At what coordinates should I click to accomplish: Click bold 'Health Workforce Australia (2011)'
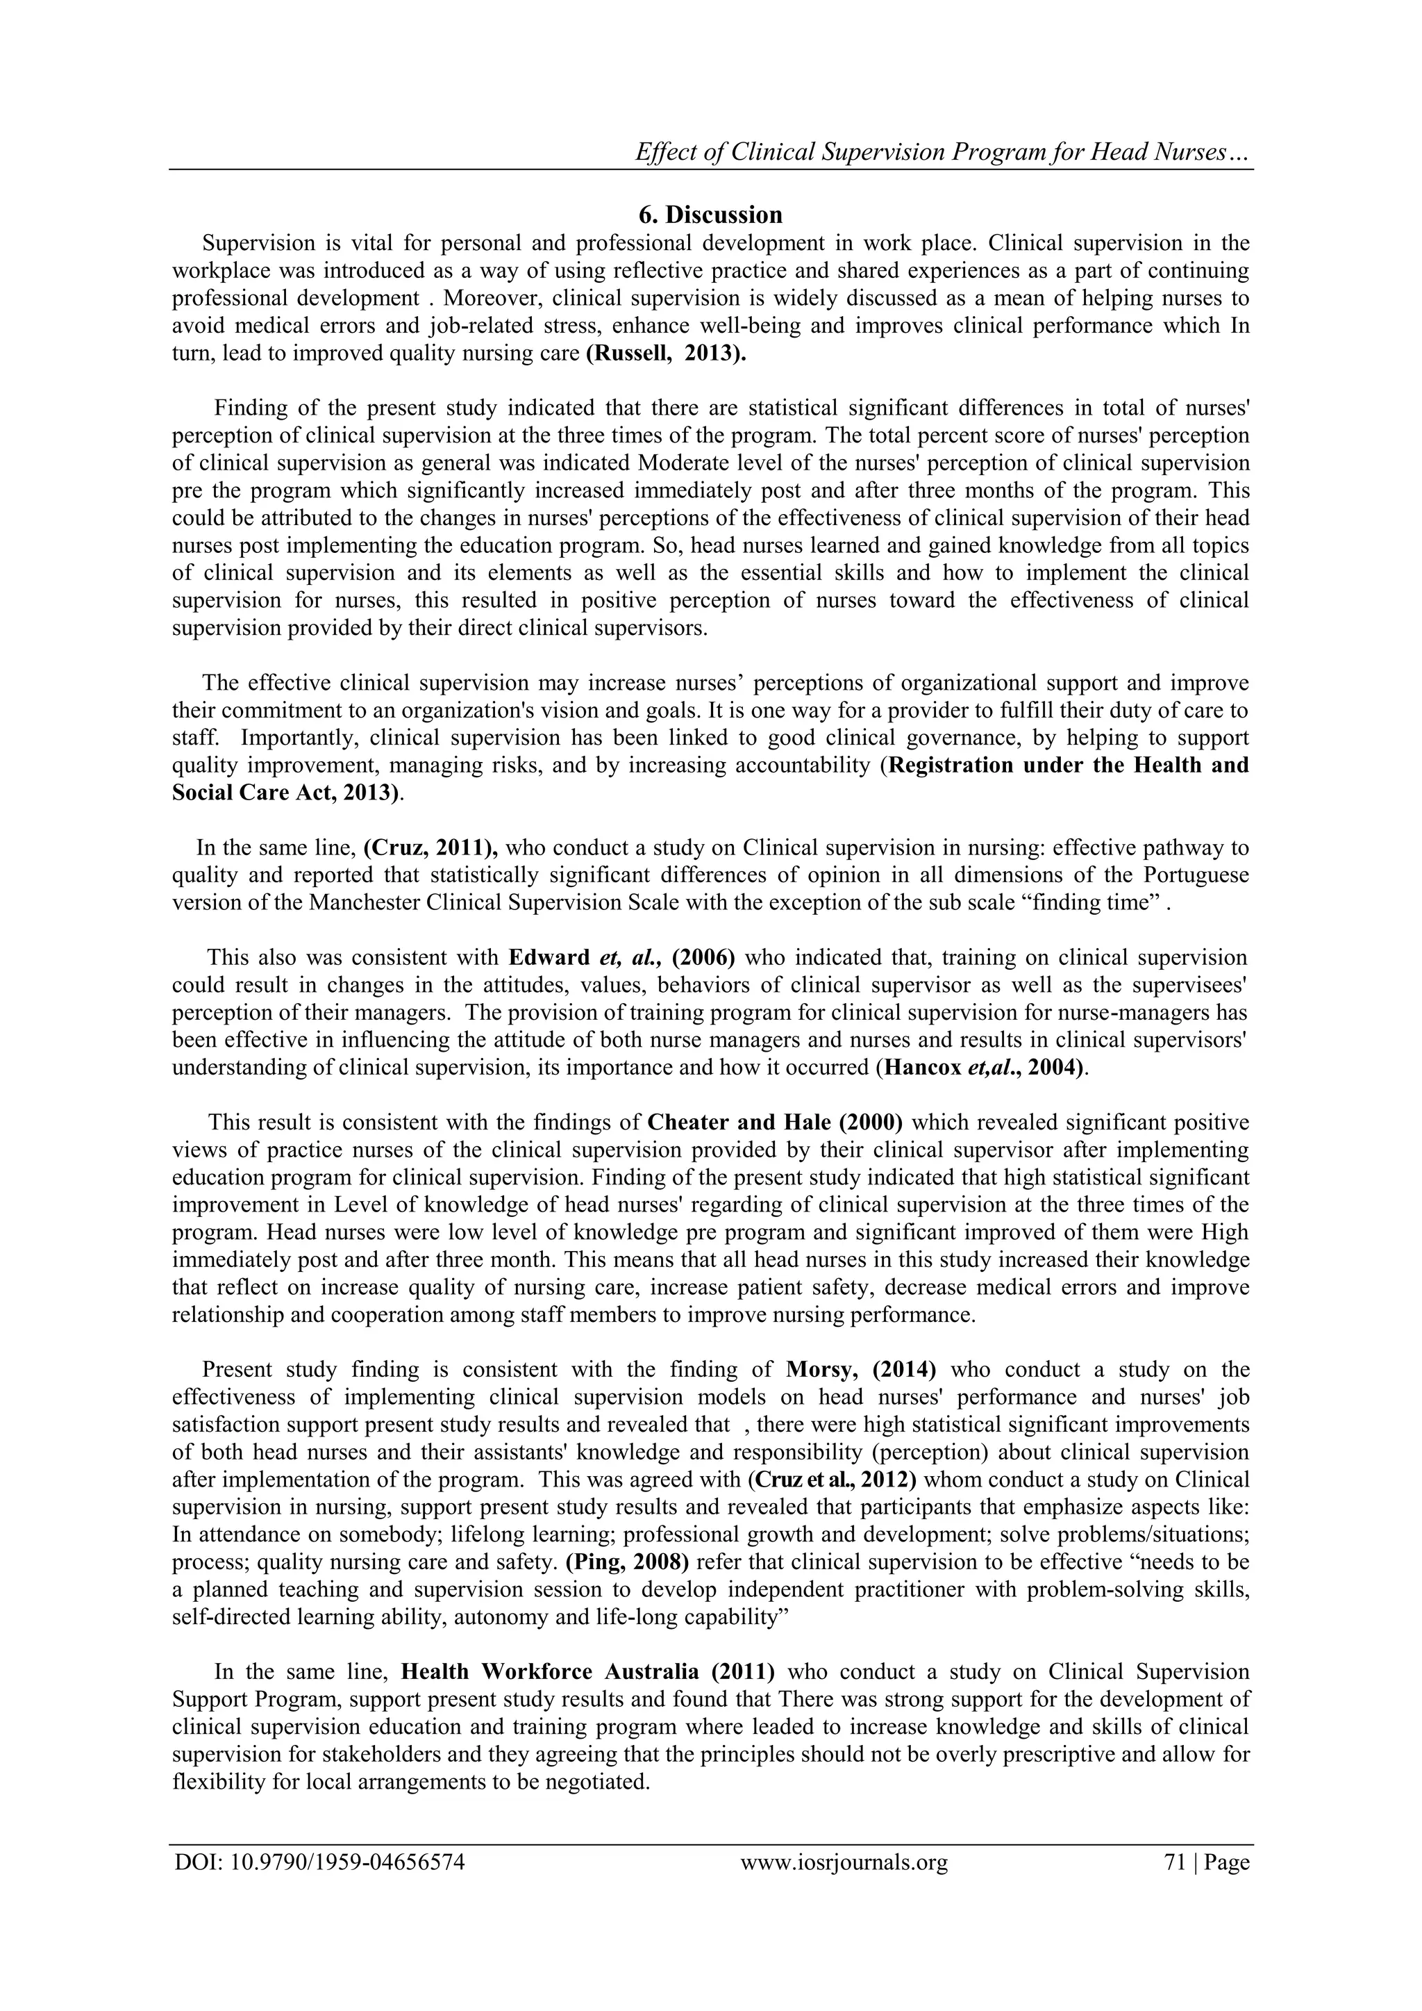[x=587, y=1672]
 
